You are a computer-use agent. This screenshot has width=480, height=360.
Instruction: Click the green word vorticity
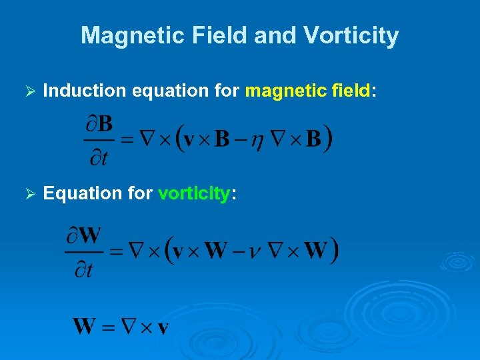194,193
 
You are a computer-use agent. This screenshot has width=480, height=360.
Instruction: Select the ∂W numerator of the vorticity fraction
83,235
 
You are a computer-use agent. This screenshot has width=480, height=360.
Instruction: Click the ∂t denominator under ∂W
83,268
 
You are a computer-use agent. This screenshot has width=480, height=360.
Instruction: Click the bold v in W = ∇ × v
162,327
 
